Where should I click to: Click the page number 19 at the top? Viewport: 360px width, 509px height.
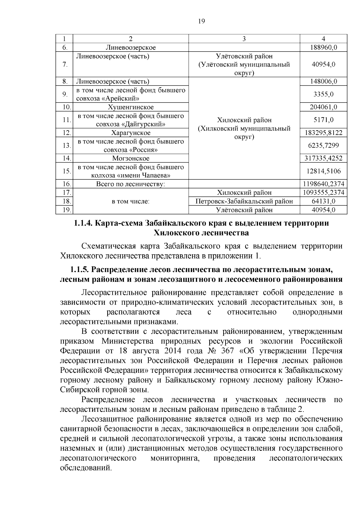click(x=202, y=21)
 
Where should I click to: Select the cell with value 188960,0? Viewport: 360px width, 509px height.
click(x=323, y=47)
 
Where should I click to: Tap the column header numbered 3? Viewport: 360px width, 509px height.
click(x=244, y=39)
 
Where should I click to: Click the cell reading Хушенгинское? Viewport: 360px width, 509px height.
click(x=130, y=107)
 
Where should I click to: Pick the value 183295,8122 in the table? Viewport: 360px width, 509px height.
click(x=323, y=133)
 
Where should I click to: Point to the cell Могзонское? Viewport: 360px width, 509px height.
click(x=130, y=158)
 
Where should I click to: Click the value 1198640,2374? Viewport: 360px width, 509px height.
click(x=323, y=184)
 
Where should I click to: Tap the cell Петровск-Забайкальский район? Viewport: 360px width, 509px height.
click(x=244, y=201)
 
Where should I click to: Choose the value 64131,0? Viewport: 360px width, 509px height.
click(x=323, y=201)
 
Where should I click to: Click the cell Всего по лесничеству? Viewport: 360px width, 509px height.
click(x=130, y=184)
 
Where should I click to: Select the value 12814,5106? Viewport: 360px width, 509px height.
click(x=323, y=171)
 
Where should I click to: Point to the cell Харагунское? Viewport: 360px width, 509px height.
click(x=130, y=133)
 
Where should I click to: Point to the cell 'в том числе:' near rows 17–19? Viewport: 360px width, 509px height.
click(x=130, y=201)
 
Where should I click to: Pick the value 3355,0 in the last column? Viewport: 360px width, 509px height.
click(x=323, y=94)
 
